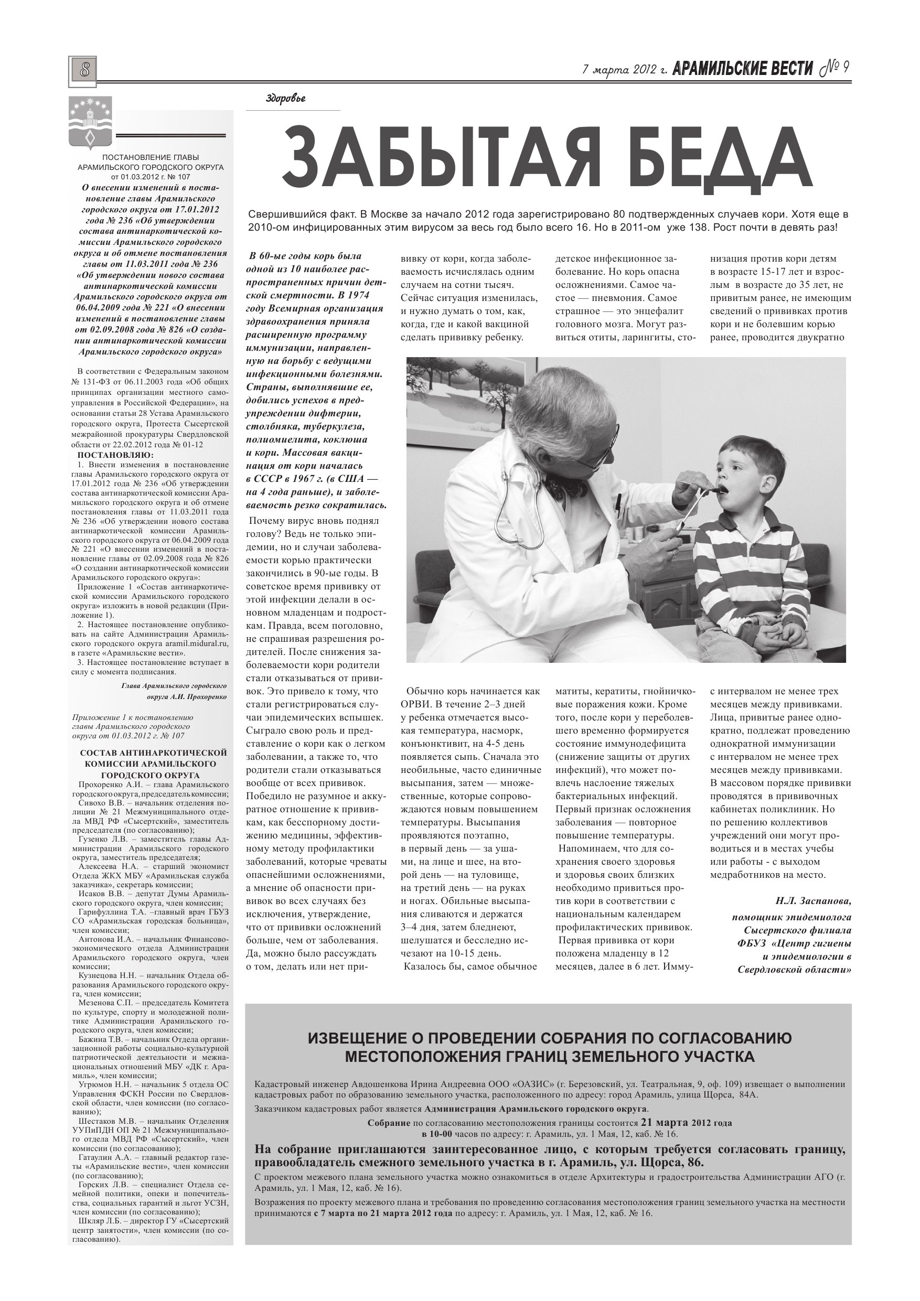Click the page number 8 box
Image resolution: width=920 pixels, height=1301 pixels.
(83, 71)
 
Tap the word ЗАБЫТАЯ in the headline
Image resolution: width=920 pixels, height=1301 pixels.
(419, 161)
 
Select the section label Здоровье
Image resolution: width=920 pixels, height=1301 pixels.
(286, 99)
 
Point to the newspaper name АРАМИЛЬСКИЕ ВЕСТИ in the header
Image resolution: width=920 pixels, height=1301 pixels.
(743, 69)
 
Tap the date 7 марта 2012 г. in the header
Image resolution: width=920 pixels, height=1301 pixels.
(625, 70)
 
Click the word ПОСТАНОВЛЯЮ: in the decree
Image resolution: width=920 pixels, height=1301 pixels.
(114, 455)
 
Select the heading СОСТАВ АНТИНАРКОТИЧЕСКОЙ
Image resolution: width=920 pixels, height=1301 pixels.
(153, 752)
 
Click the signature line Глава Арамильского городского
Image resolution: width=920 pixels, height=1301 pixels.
(174, 685)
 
